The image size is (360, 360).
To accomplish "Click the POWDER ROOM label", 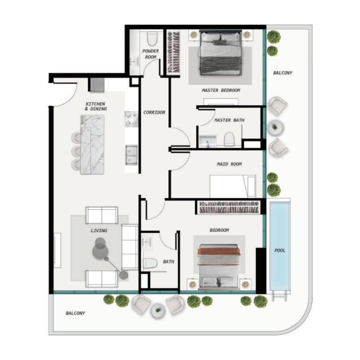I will (150, 54).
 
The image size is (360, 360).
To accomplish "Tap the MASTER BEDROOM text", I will (221, 90).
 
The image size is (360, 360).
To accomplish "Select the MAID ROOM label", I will (229, 164).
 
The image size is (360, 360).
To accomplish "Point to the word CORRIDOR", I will (154, 112).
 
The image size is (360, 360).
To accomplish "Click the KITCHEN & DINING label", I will (96, 107).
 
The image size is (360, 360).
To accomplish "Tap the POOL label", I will (280, 251).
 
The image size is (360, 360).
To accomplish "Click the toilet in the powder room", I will (152, 36).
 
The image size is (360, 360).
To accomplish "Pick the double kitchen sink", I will (131, 153).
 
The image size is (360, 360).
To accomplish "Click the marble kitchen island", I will (92, 144).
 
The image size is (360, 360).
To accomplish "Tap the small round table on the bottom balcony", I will (157, 310).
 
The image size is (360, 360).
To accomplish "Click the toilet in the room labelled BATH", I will (149, 263).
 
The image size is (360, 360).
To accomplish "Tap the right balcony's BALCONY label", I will (283, 73).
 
